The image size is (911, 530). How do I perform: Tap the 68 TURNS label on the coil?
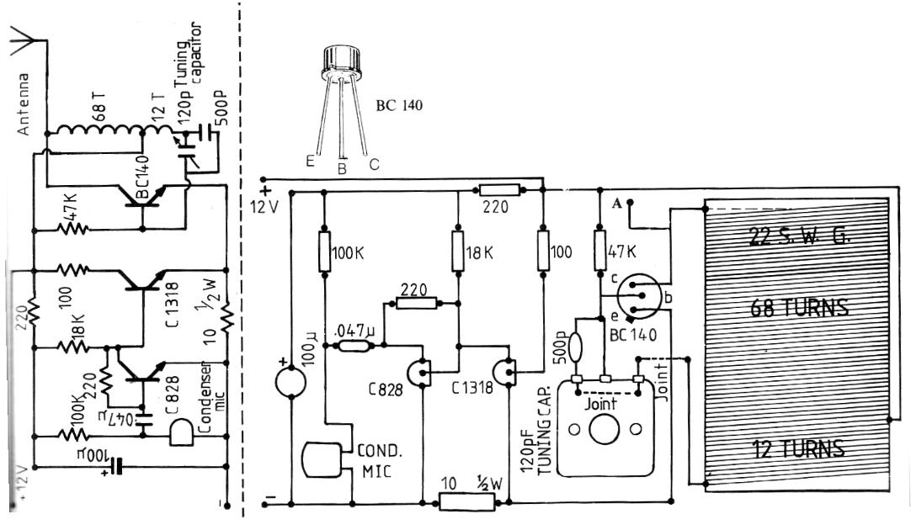pyautogui.click(x=797, y=308)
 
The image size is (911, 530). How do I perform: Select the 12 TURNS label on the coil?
pyautogui.click(x=797, y=448)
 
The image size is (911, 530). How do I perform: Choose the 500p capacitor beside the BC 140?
pyautogui.click(x=577, y=347)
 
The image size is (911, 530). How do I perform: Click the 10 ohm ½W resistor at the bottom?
pyautogui.click(x=466, y=502)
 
